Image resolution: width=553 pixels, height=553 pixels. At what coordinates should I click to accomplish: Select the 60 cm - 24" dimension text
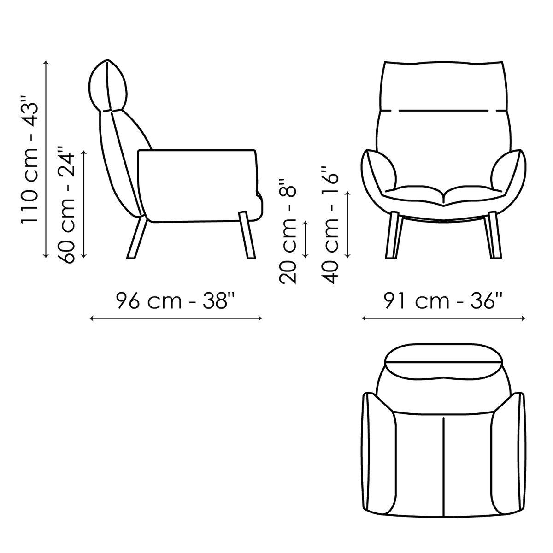click(x=66, y=204)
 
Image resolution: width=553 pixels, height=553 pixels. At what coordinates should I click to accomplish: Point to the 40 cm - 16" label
click(x=330, y=225)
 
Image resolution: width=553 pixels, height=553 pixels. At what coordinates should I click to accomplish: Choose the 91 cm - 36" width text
click(x=443, y=300)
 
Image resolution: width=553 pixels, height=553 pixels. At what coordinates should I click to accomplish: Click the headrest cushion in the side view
click(x=107, y=86)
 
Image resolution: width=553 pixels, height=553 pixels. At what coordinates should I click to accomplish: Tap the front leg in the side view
click(x=247, y=235)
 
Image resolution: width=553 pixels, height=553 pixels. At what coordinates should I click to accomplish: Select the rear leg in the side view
click(x=137, y=238)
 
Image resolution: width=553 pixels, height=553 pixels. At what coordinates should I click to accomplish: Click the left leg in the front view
click(x=393, y=235)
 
